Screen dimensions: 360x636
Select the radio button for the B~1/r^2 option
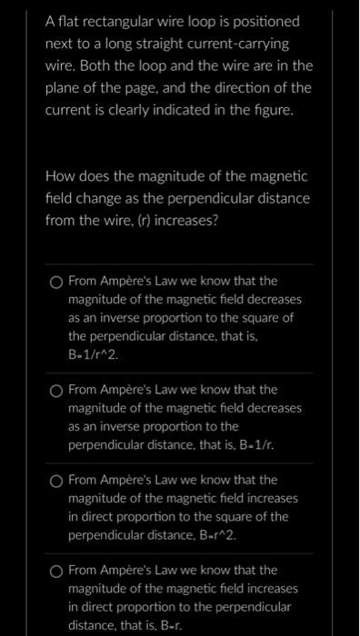56,282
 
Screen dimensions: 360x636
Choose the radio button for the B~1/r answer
56,390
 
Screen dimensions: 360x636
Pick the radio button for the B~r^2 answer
56,480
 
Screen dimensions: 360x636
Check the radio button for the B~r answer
56,571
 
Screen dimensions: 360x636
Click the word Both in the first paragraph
101,65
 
